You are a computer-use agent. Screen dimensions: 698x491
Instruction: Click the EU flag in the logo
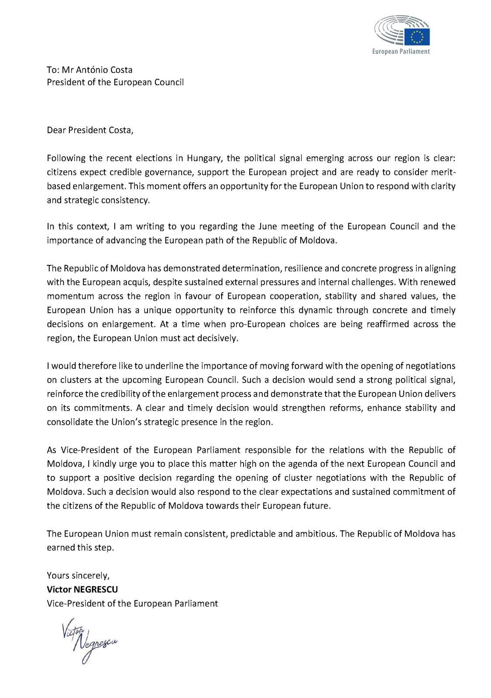tap(417, 37)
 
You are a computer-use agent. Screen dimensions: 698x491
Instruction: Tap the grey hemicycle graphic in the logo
tap(389, 31)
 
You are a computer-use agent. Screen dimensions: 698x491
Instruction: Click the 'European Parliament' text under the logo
tap(401, 51)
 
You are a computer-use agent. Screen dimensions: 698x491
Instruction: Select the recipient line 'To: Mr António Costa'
tap(89, 70)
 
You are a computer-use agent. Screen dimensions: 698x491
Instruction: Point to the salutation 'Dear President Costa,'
tap(90, 130)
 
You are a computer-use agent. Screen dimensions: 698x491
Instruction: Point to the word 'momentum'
tap(70, 296)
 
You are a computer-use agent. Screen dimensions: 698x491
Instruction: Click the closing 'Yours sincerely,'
tap(78, 575)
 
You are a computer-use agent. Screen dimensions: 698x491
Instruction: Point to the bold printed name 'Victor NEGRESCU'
tap(82, 589)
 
